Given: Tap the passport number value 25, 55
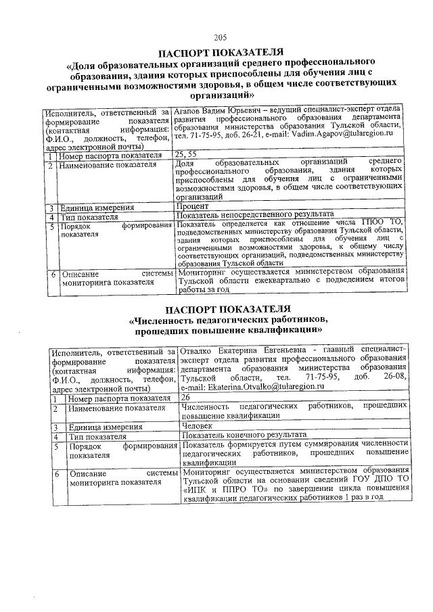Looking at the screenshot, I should pos(185,155).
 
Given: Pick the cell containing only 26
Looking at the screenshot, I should pos(185,398).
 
